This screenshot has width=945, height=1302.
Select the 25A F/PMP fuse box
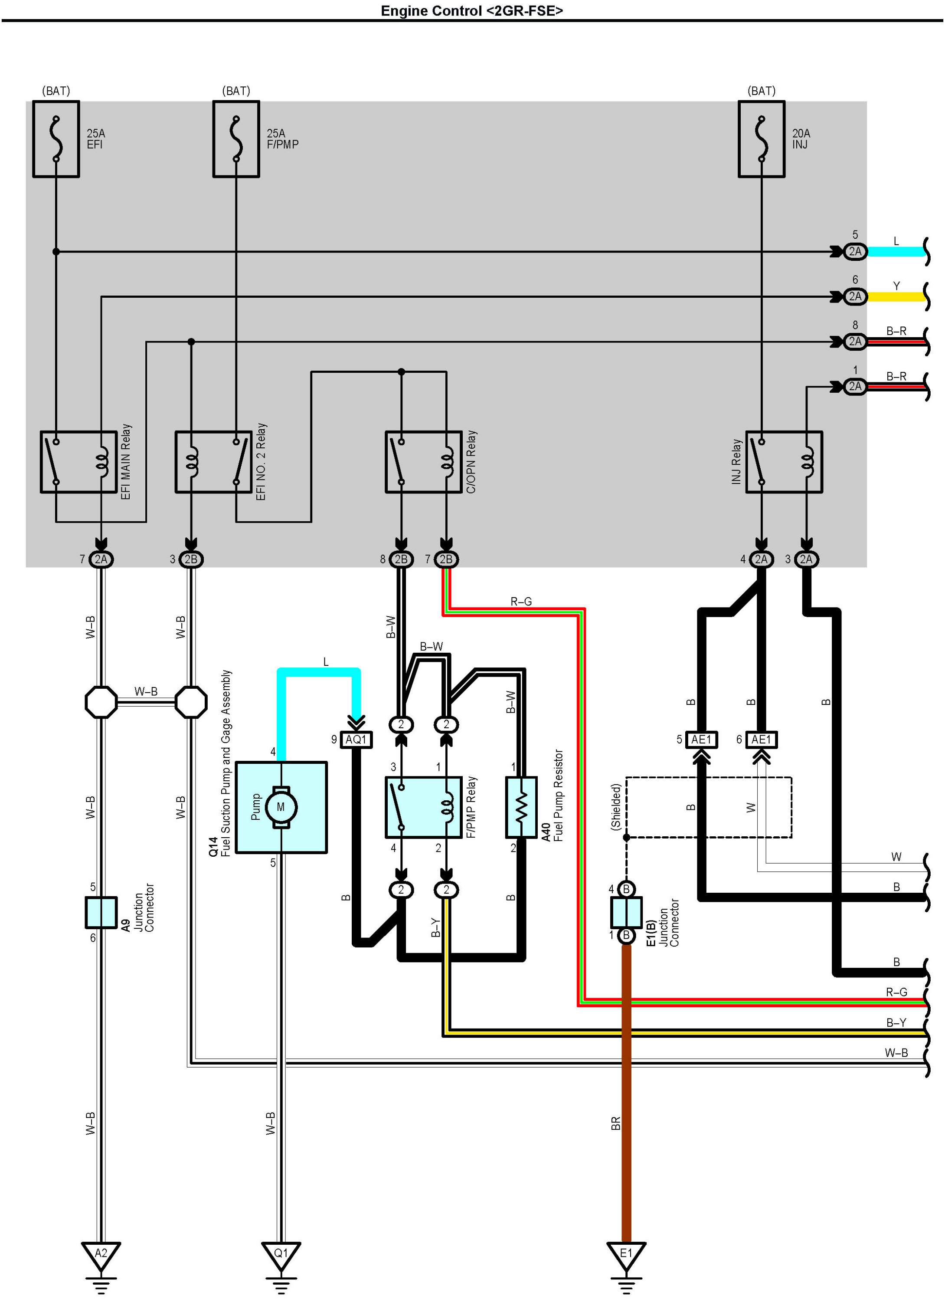(236, 139)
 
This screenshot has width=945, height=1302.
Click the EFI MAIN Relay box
(78, 462)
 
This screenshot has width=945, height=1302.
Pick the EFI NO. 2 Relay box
(213, 462)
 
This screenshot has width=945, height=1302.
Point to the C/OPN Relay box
(423, 462)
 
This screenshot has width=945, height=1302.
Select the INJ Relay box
(784, 462)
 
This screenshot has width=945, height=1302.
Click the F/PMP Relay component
(423, 808)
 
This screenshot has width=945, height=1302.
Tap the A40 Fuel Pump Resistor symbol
(521, 808)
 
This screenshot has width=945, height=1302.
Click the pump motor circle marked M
(281, 807)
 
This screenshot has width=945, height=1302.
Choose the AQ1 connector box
(356, 740)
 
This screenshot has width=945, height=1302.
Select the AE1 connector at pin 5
(701, 740)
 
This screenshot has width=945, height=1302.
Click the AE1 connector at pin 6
(762, 740)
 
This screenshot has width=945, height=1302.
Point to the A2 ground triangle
(101, 1254)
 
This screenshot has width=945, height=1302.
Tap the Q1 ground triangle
(281, 1254)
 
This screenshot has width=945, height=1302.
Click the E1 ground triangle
(626, 1254)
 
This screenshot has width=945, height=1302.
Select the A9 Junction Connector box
(101, 912)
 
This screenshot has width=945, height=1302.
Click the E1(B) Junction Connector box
(626, 912)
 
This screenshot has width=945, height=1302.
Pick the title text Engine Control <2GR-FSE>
(472, 10)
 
